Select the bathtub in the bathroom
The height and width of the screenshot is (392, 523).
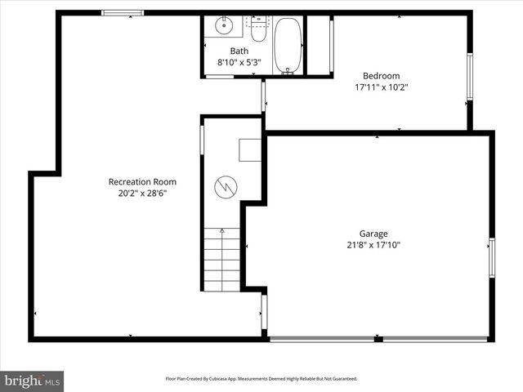click(286, 45)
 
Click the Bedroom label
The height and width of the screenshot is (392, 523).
click(381, 75)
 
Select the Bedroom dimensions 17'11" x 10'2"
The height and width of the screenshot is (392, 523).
click(381, 87)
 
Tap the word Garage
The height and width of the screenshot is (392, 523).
click(373, 233)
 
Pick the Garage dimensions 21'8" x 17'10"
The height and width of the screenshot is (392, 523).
click(373, 244)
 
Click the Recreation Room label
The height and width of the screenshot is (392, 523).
click(142, 182)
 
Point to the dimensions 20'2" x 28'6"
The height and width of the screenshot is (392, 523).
click(142, 194)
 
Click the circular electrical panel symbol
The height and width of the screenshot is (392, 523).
click(225, 188)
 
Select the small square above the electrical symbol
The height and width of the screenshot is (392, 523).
click(249, 150)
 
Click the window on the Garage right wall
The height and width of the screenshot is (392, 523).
click(491, 257)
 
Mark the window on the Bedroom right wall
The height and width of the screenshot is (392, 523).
click(469, 78)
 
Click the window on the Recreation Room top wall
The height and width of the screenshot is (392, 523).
click(123, 13)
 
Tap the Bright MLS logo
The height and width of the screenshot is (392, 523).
click(33, 381)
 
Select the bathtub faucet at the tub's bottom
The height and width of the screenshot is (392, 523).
click(286, 73)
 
